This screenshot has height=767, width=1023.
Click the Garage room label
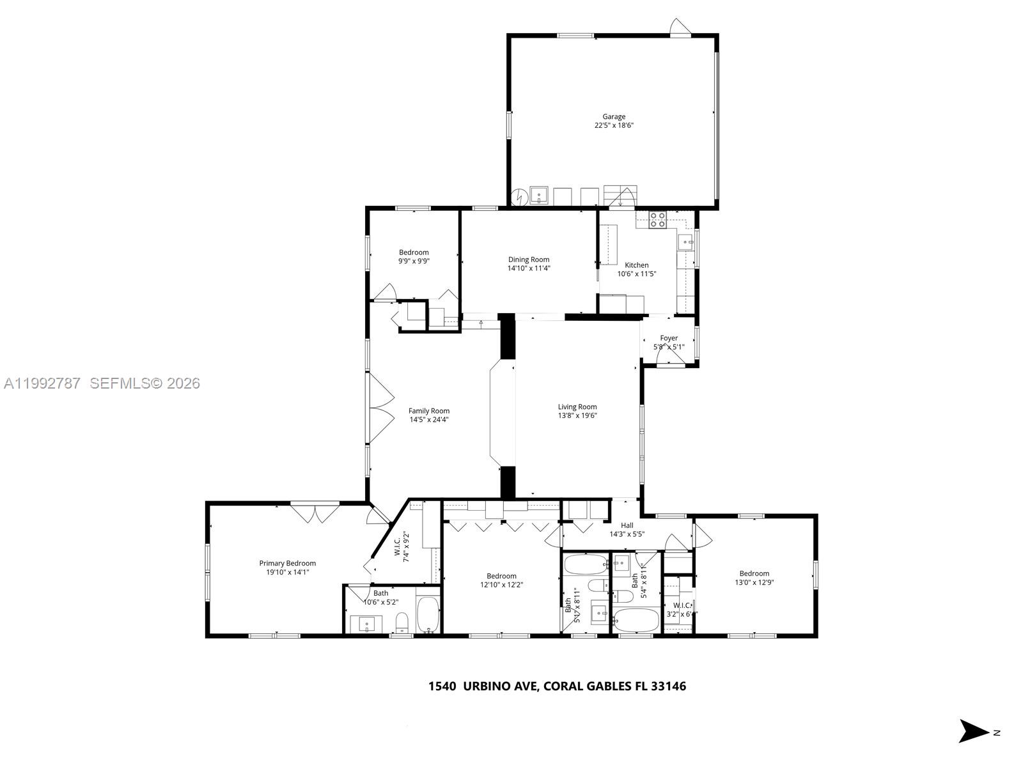(x=613, y=117)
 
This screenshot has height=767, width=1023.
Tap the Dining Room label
(x=529, y=260)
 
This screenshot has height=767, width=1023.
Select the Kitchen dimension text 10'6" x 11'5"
(x=636, y=274)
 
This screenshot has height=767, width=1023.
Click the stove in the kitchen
(x=657, y=220)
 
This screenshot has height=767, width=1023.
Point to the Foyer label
(x=669, y=338)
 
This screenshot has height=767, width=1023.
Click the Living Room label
(x=577, y=407)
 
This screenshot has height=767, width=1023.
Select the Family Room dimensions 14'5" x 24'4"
(x=429, y=420)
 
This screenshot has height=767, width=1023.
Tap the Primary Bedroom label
(x=287, y=563)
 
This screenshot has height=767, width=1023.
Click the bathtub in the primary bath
(x=428, y=616)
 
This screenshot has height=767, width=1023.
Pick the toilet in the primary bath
(x=402, y=622)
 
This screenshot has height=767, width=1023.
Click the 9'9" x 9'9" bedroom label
(x=414, y=252)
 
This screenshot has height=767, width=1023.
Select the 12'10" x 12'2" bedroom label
(x=501, y=576)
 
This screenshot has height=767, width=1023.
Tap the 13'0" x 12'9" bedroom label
(x=754, y=573)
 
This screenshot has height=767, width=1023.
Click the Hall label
(x=627, y=525)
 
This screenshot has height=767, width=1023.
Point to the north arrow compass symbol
(x=974, y=731)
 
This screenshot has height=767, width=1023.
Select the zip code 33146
(x=668, y=686)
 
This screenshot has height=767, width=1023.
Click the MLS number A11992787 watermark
(x=42, y=383)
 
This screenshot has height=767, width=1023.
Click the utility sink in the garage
(x=539, y=194)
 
